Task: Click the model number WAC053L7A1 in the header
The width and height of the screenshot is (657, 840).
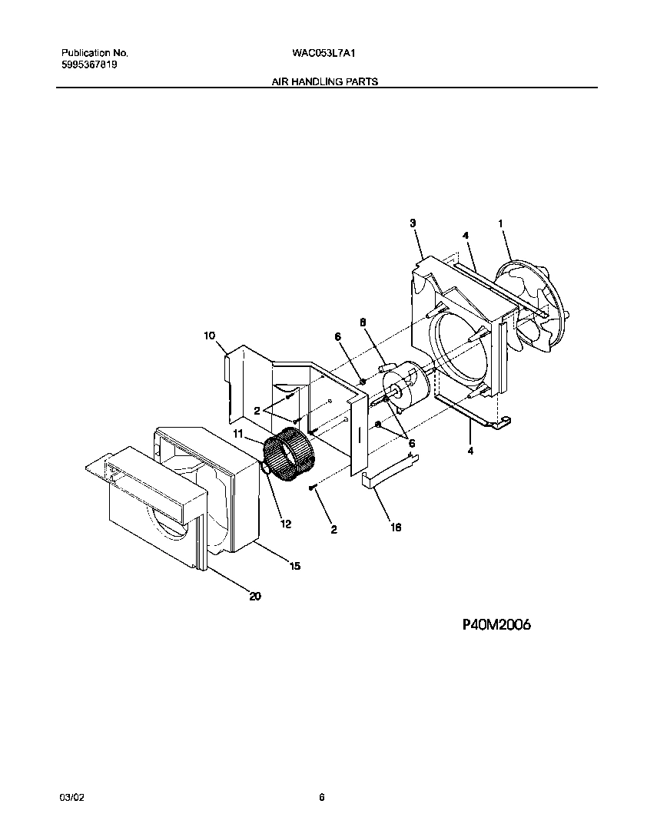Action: pyautogui.click(x=324, y=54)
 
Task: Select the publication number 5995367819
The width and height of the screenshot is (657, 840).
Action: pyautogui.click(x=89, y=65)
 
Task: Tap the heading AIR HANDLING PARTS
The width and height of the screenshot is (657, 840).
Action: pyautogui.click(x=325, y=81)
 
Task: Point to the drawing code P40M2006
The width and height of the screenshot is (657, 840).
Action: pyautogui.click(x=496, y=625)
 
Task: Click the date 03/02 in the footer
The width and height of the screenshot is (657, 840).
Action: pyautogui.click(x=71, y=798)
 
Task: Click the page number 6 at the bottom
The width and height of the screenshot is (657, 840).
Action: pyautogui.click(x=322, y=798)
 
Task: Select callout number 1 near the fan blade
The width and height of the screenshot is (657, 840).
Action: pyautogui.click(x=501, y=223)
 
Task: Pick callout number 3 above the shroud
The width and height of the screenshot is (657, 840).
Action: pyautogui.click(x=413, y=223)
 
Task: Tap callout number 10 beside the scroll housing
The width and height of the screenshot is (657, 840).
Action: pyautogui.click(x=209, y=336)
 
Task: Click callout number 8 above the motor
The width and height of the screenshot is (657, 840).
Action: pyautogui.click(x=363, y=323)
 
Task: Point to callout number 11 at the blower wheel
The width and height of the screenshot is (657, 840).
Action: pyautogui.click(x=238, y=435)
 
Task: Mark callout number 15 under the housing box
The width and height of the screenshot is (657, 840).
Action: pyautogui.click(x=294, y=566)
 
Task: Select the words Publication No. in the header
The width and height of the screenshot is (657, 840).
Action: pyautogui.click(x=95, y=54)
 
